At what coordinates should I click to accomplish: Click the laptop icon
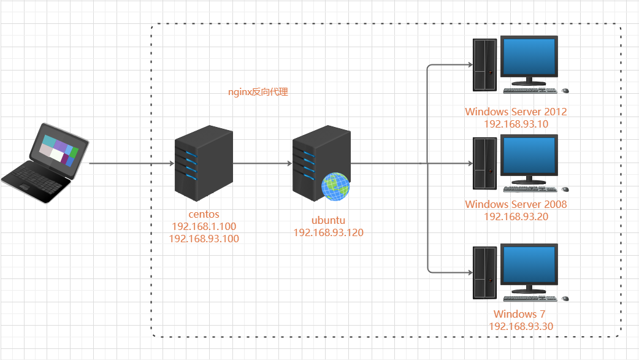point(44,163)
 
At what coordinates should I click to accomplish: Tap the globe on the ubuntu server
point(335,186)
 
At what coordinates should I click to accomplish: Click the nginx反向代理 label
point(258,93)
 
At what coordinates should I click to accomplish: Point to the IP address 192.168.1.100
point(204,226)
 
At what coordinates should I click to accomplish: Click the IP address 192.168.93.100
point(204,238)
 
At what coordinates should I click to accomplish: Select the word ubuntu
point(329,220)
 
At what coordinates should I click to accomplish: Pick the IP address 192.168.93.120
point(329,232)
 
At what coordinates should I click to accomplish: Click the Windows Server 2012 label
point(516,112)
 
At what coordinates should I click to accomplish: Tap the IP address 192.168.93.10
point(516,123)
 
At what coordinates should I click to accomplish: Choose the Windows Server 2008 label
point(516,204)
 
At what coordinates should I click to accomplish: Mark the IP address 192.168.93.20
point(516,216)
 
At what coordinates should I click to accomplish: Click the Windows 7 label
point(516,314)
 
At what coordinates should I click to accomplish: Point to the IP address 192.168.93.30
point(521,326)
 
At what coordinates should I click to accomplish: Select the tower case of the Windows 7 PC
point(484,272)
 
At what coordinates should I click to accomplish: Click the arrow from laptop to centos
point(132,164)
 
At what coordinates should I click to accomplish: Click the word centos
point(204,215)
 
